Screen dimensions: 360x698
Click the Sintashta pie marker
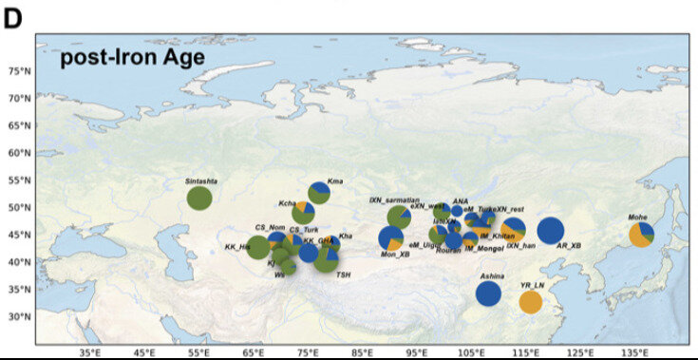[x=199, y=198]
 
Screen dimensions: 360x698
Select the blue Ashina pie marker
[x=488, y=293]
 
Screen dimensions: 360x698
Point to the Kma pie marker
[x=319, y=194]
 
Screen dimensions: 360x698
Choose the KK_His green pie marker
[x=257, y=248]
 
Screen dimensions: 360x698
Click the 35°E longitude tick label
[x=90, y=352]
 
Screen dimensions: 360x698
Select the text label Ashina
[x=491, y=275]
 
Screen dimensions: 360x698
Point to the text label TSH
[x=343, y=275]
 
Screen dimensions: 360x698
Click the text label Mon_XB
[x=395, y=255]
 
